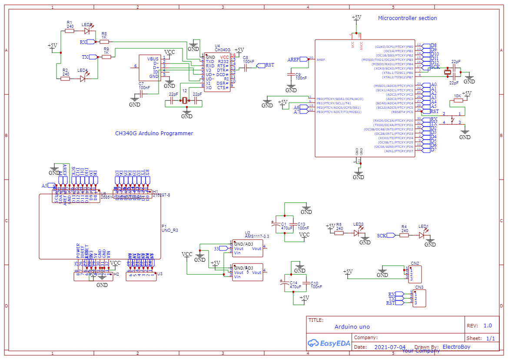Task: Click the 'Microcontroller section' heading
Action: (407, 18)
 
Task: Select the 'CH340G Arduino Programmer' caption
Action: (154, 133)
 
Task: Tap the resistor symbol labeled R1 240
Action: (70, 31)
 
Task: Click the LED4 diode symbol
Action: (83, 79)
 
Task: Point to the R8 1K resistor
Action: (104, 42)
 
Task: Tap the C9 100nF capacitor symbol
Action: (291, 75)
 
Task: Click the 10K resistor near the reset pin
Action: (458, 101)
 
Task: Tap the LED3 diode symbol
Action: (357, 233)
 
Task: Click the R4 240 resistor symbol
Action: (404, 235)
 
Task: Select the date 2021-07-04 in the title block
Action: (389, 347)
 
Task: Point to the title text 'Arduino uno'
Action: (352, 327)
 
